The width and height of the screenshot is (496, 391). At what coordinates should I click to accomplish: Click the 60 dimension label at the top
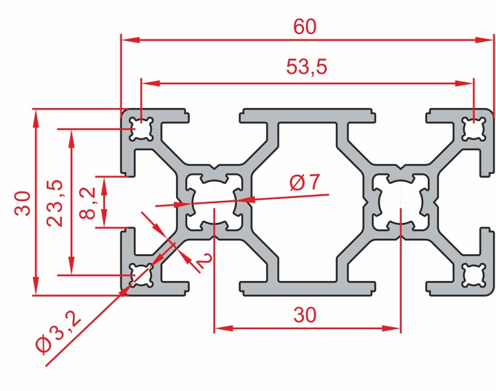[305, 26]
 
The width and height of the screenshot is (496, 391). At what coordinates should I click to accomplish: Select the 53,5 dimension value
[306, 67]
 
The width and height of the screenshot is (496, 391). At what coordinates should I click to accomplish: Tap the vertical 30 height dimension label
[23, 203]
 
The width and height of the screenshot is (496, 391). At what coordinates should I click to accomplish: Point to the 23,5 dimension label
[55, 203]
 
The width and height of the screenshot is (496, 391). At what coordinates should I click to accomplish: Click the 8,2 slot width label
[87, 203]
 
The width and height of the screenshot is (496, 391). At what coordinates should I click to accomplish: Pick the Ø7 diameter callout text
[305, 182]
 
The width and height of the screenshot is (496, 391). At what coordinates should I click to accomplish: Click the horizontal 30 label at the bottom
[305, 315]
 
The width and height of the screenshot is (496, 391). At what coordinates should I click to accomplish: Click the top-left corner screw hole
[141, 129]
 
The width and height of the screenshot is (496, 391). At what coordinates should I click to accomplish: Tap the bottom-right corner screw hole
[473, 275]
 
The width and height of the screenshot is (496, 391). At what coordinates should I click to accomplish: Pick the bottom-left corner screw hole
[141, 275]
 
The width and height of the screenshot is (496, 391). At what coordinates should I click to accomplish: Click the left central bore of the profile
[214, 202]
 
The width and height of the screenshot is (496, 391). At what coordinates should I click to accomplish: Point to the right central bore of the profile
[400, 202]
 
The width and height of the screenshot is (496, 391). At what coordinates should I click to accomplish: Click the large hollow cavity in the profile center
[307, 202]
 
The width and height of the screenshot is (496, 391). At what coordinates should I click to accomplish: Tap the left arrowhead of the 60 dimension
[131, 40]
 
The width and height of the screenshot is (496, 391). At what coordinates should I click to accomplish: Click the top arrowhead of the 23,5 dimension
[72, 138]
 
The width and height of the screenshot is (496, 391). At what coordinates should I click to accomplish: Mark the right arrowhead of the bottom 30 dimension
[391, 328]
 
